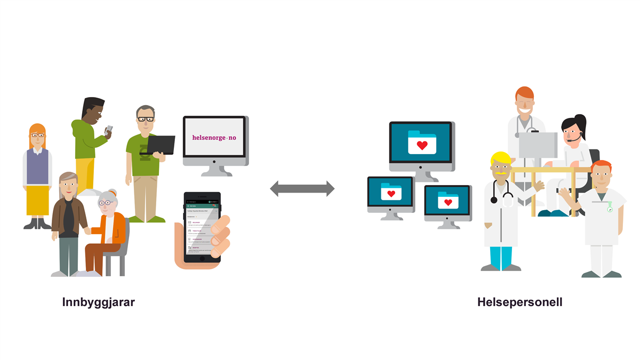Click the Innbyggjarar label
pos(98,302)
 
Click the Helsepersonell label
pos(519,302)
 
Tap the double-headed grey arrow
pos(302,188)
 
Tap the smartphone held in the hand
pos(202,227)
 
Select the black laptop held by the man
pos(158,145)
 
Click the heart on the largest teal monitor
pos(422,145)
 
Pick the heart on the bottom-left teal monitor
pos(391,194)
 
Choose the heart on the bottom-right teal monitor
pos(448,202)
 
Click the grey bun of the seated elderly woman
pos(112,193)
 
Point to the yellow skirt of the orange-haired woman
pos(37,199)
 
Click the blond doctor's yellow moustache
pos(502,174)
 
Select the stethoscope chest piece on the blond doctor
pos(494,199)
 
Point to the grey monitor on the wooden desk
pos(538,145)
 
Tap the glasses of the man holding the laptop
pos(145,119)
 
